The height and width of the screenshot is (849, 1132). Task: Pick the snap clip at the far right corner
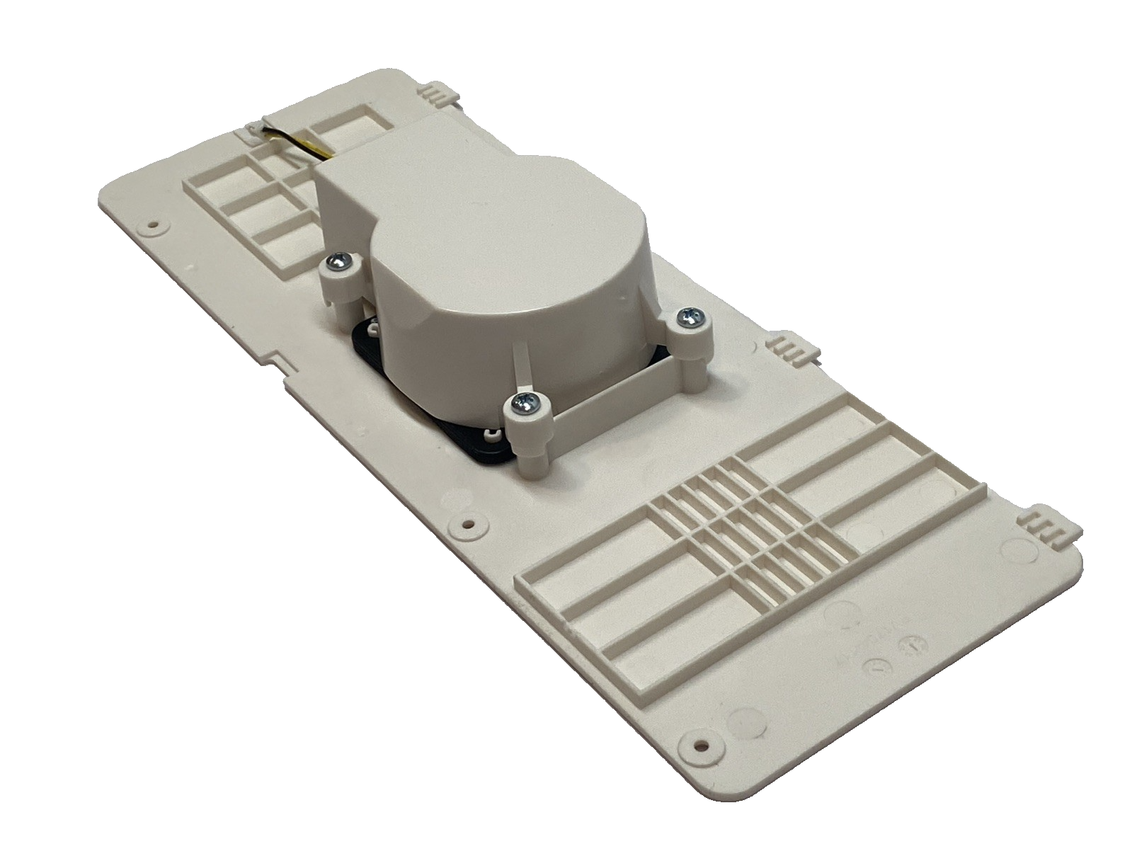1046,524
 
